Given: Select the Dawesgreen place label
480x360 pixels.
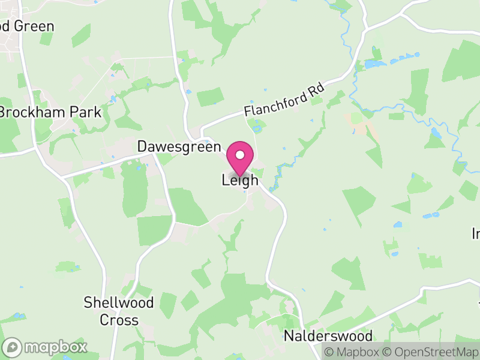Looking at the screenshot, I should [x=179, y=147].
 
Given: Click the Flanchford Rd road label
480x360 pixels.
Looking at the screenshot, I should [x=284, y=100].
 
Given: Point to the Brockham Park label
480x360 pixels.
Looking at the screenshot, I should [x=50, y=112].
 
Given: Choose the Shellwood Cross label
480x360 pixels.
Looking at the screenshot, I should [x=119, y=311].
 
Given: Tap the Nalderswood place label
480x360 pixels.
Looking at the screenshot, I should [x=328, y=336].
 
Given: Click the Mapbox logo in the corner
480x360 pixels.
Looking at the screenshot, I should [x=45, y=347].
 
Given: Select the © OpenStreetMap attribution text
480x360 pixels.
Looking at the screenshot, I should [x=431, y=352].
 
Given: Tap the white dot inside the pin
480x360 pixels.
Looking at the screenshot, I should [x=240, y=155].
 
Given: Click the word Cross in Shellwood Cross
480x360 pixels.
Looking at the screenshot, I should [x=119, y=320].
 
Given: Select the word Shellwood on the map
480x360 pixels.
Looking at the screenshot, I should [x=119, y=302].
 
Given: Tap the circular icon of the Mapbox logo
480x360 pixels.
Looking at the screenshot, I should [x=13, y=347].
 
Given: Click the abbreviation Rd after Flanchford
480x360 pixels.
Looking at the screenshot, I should [x=316, y=88].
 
